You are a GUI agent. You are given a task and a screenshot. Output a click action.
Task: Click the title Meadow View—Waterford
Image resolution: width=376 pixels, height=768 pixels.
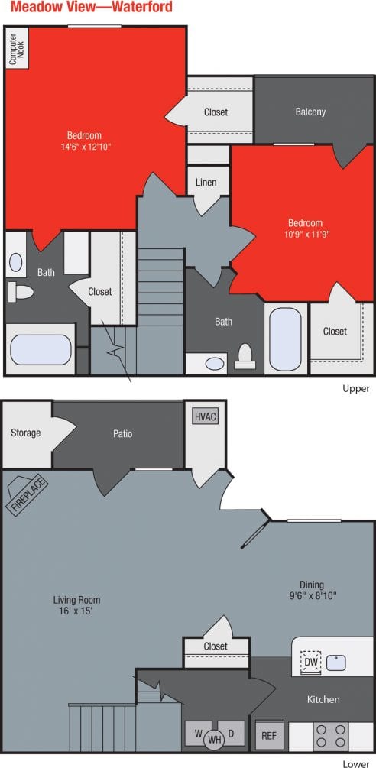[92, 8]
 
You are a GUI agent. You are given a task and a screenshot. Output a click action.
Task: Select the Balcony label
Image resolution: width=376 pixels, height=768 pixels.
[310, 112]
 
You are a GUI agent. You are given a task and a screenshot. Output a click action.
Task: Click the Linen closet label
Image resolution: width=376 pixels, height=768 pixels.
[206, 183]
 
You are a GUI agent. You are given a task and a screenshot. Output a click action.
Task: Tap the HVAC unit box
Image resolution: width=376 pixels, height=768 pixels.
[206, 416]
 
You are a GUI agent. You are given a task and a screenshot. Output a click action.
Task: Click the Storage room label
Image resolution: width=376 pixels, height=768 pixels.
[25, 433]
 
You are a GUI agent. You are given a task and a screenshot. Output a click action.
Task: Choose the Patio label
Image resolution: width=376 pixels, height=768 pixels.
[123, 433]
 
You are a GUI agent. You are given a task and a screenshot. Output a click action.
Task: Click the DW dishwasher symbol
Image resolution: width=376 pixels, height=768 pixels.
[310, 662]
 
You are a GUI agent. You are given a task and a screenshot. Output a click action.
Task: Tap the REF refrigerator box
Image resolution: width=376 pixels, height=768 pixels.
[268, 735]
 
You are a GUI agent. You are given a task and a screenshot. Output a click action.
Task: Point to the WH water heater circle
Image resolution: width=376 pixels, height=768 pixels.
[215, 739]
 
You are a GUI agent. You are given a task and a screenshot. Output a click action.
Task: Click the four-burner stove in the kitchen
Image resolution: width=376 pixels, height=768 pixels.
[330, 735]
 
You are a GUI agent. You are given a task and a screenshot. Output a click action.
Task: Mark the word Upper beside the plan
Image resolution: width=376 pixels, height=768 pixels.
[356, 389]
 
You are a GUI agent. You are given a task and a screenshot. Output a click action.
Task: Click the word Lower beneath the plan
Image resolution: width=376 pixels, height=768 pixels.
[356, 763]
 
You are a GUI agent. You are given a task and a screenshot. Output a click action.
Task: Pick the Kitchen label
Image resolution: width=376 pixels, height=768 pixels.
[323, 699]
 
